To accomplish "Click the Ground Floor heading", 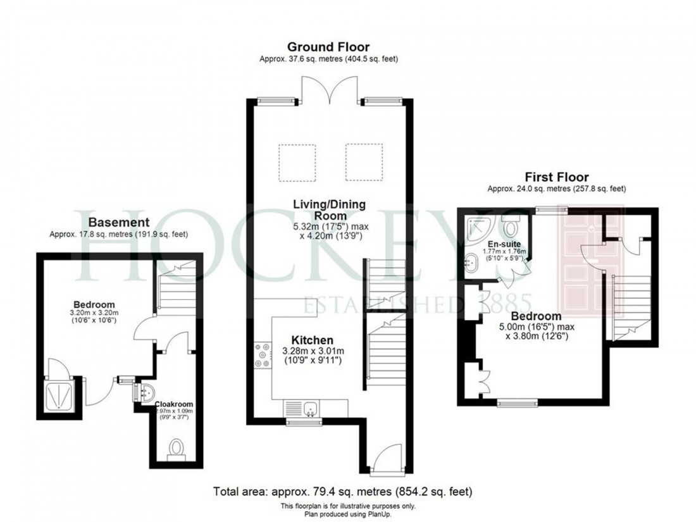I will (x=328, y=47).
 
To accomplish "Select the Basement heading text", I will (x=118, y=222).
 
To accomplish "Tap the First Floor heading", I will (x=556, y=177).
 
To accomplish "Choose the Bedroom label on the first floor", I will (x=536, y=316).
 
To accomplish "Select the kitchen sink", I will (x=310, y=408).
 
